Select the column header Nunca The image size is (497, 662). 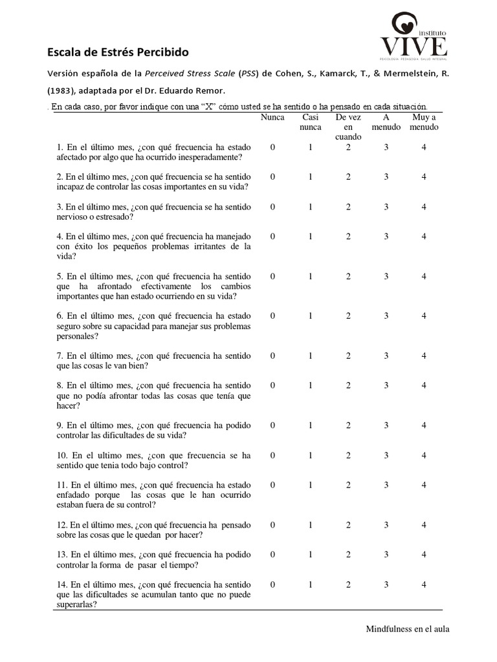click(272, 117)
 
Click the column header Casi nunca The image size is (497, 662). click(310, 122)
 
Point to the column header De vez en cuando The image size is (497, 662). click(348, 127)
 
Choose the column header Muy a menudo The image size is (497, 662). click(424, 122)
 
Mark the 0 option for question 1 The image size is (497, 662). click(272, 147)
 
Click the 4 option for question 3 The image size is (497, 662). click(424, 207)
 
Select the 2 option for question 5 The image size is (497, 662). click(348, 276)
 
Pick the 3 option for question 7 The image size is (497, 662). click(386, 356)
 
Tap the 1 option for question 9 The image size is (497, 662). click(310, 425)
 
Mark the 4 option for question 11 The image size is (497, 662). click(424, 485)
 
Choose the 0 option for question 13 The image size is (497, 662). click(272, 555)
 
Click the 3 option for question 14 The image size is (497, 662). click(386, 584)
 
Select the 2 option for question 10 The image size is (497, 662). click(348, 455)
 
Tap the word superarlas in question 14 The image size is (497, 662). click(77, 605)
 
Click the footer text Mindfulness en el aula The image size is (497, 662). click(407, 628)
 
